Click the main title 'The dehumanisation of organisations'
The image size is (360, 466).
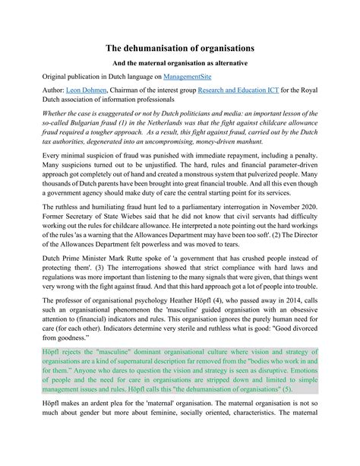pos(179,47)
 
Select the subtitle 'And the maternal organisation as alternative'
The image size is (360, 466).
pos(179,65)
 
